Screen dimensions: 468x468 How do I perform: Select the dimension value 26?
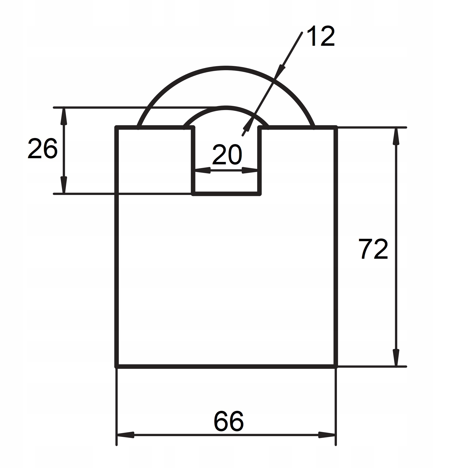[x=43, y=149]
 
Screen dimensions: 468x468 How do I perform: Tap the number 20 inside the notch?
[x=227, y=154]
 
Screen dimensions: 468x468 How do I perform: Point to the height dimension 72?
[x=373, y=249]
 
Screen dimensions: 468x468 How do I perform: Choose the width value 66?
[x=229, y=421]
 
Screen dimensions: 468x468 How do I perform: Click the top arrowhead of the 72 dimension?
[x=396, y=136]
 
